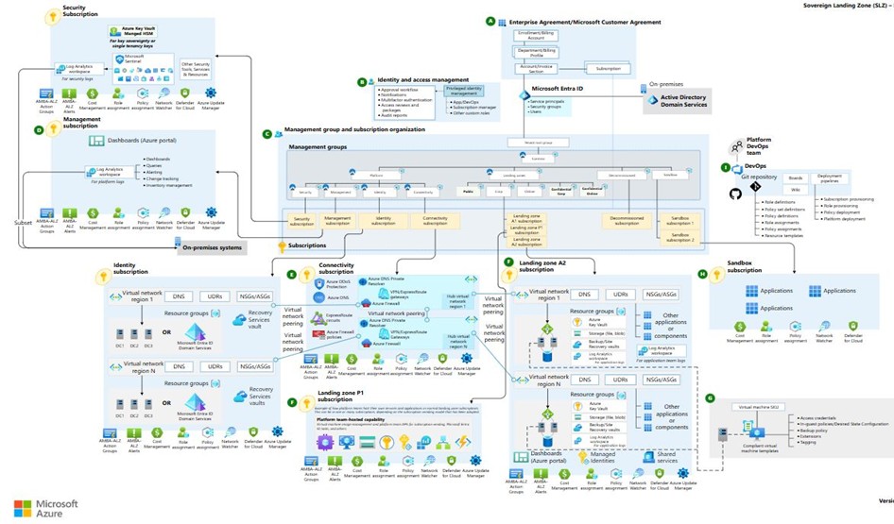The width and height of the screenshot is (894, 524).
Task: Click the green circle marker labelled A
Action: click(x=490, y=21)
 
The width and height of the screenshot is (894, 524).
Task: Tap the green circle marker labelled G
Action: click(x=710, y=398)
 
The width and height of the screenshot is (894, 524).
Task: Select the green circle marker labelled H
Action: click(x=702, y=274)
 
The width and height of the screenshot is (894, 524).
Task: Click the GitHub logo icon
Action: click(x=736, y=194)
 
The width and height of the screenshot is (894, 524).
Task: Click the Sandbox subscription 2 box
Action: click(x=681, y=237)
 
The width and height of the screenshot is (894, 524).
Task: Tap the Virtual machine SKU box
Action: click(x=759, y=408)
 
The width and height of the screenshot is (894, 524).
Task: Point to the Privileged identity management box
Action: click(x=461, y=91)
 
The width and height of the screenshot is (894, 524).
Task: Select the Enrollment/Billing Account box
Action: click(x=534, y=35)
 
